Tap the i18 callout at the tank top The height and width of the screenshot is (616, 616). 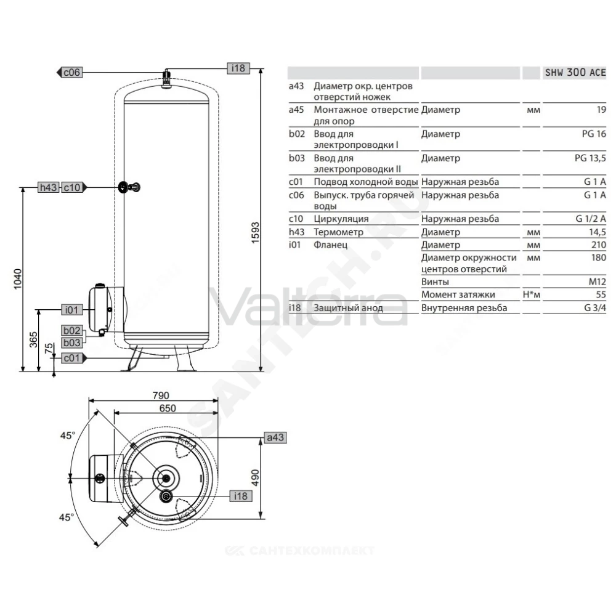tap(238, 68)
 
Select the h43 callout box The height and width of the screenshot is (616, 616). tap(49, 187)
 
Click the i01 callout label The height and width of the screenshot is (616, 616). tap(72, 310)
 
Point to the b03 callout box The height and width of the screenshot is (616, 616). tap(72, 343)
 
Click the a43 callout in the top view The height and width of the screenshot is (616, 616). tap(275, 437)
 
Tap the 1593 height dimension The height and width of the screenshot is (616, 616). tap(256, 233)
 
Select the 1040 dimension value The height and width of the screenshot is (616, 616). tap(18, 279)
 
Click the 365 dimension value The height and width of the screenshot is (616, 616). tap(33, 340)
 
